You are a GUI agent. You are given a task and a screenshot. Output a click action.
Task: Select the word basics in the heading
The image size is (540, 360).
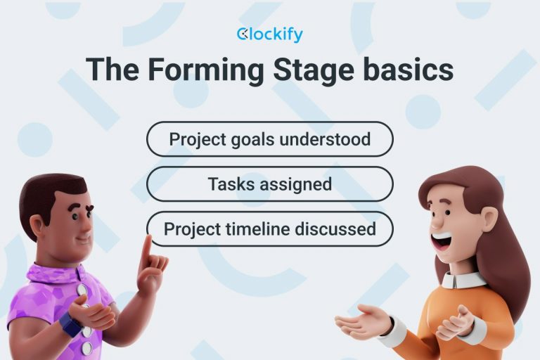coord(411,71)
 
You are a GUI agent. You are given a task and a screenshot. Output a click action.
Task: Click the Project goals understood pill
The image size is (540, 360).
coord(269,139)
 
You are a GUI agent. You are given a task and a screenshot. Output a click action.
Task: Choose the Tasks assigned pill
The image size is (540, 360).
coord(269,184)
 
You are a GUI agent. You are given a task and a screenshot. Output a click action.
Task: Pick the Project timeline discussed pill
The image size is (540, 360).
coord(269,229)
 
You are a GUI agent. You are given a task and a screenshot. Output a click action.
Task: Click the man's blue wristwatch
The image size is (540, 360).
coord(70,325)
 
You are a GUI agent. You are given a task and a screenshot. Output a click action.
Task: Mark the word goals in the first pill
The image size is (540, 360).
coord(249,139)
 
